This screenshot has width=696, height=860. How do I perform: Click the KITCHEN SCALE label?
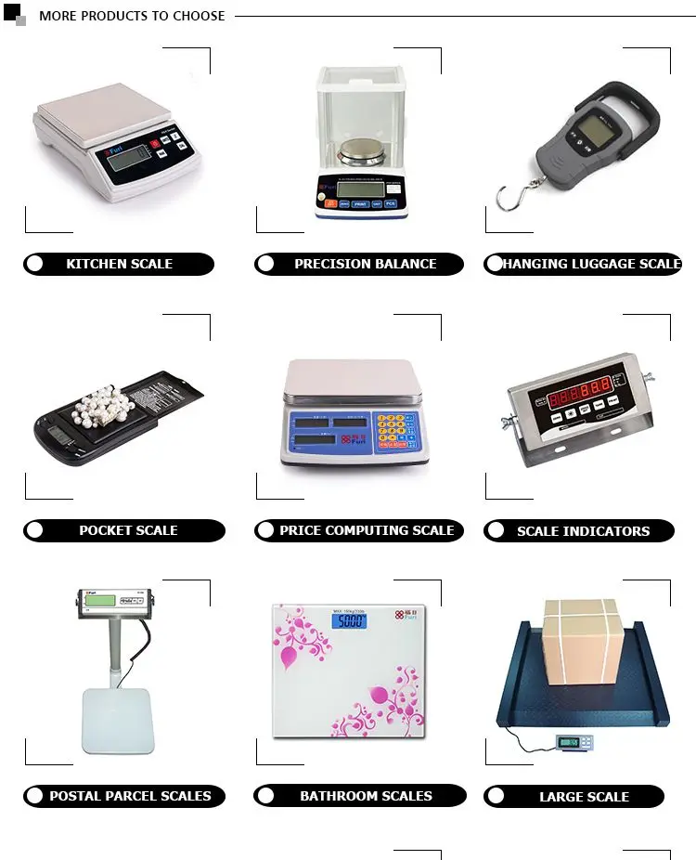119,264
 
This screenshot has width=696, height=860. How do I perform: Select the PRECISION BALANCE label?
365,264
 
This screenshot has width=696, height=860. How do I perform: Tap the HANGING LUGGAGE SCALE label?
591,264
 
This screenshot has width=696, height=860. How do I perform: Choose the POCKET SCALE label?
128,530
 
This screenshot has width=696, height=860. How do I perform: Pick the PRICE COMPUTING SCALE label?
367,530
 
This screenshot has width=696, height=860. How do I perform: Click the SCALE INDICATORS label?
583,531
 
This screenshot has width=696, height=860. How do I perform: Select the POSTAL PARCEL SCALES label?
130,796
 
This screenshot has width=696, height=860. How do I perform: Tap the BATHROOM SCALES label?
366,796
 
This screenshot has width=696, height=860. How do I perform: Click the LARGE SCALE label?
584,797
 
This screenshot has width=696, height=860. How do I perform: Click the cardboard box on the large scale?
580,641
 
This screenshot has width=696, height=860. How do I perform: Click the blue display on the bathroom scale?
350,621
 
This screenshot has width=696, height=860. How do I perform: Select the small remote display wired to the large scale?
573,742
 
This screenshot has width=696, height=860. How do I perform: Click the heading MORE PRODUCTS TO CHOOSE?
132,16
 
